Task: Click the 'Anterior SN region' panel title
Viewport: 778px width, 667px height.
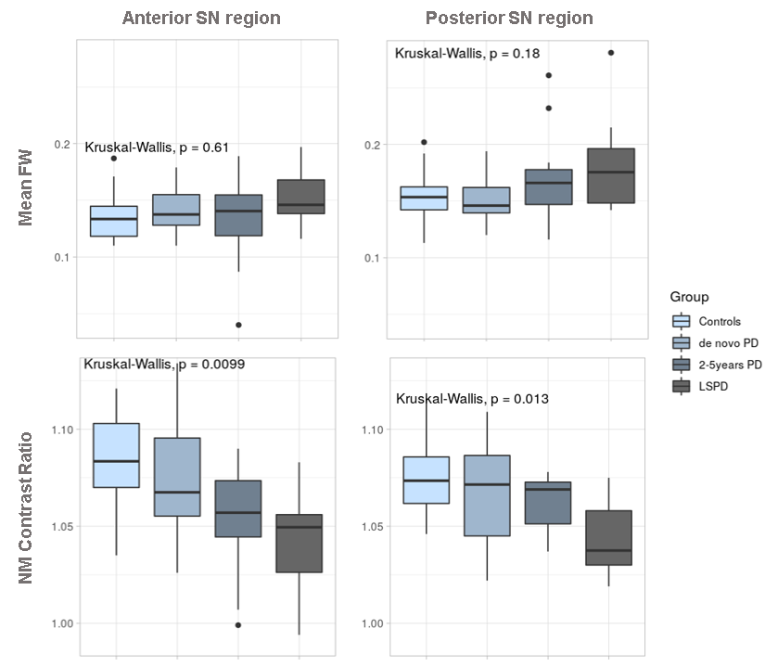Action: [x=201, y=19]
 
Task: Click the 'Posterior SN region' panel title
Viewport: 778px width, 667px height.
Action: [x=509, y=19]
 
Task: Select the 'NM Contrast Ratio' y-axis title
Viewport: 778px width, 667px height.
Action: [x=27, y=507]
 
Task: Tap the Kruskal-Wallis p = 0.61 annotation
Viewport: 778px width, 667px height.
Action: [x=157, y=147]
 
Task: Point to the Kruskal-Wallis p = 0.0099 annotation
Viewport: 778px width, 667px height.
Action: [x=164, y=364]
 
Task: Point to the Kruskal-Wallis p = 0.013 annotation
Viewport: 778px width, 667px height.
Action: [x=472, y=399]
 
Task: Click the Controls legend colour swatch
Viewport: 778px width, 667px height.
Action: [x=682, y=322]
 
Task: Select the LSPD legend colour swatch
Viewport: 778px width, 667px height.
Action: [x=682, y=386]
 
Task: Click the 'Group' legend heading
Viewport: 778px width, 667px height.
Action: [x=689, y=297]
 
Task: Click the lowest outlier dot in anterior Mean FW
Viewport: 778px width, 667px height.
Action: [x=238, y=325]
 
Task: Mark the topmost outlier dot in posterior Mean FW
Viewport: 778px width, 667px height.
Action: [x=610, y=53]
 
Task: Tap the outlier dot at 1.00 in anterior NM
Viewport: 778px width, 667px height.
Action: [x=238, y=625]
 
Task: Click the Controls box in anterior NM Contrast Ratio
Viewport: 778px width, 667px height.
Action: [x=115, y=455]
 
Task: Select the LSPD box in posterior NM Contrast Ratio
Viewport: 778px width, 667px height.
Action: [x=610, y=537]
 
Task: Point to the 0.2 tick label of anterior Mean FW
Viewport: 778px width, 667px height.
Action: [x=62, y=145]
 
